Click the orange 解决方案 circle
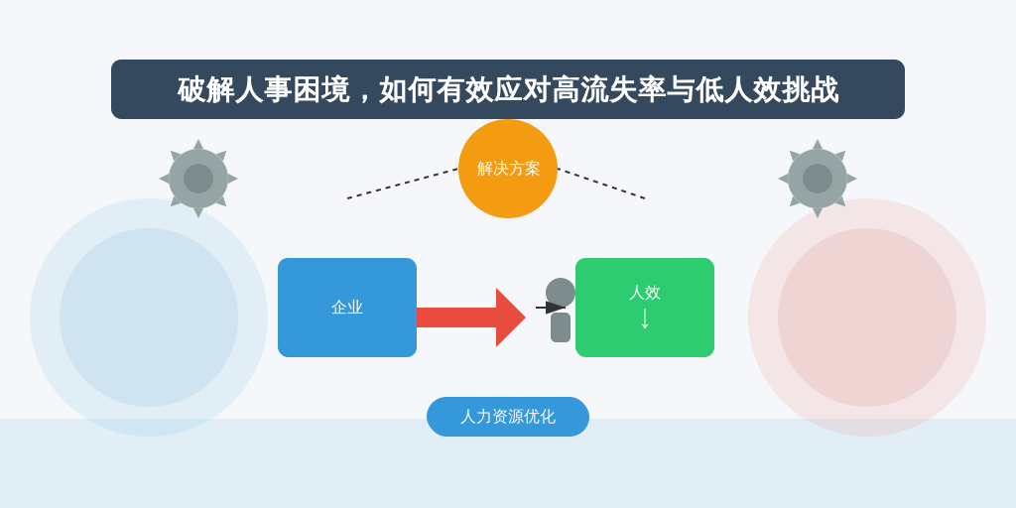508,169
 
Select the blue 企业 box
347,308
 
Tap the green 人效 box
645,308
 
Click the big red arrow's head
510,317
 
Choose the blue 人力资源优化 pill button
508,417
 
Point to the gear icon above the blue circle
198,179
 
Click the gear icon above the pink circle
818,179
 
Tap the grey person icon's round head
561,293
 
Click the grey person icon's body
561,327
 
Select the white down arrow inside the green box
645,318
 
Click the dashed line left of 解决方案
403,184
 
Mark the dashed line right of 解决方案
601,184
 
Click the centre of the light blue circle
149,317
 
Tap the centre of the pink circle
867,317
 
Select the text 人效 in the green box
645,293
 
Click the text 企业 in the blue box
347,308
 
